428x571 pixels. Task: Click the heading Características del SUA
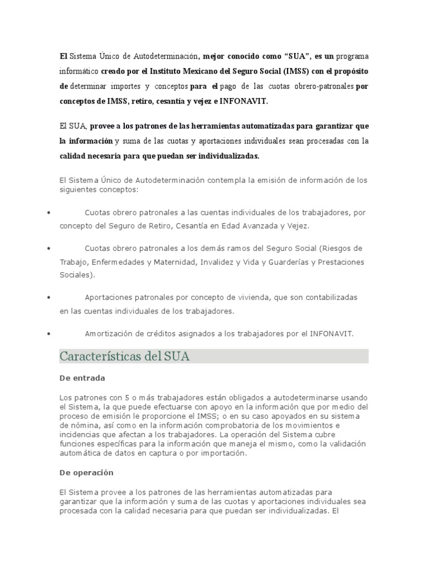pyautogui.click(x=124, y=356)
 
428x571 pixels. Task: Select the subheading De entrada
pyautogui.click(x=82, y=378)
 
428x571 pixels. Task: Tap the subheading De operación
pyautogui.click(x=86, y=472)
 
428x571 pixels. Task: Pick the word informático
pyautogui.click(x=78, y=72)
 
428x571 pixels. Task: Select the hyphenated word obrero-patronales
pyautogui.click(x=320, y=86)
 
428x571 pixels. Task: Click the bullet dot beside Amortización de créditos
pyautogui.click(x=50, y=333)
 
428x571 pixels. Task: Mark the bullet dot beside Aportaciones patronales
pyautogui.click(x=50, y=298)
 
